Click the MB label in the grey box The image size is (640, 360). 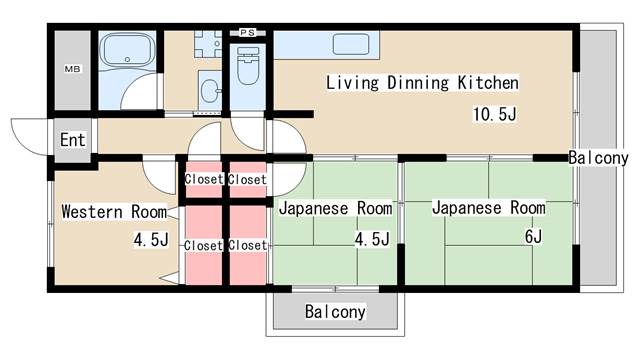point(72,69)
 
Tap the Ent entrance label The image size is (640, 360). point(72,139)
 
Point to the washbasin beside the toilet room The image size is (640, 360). point(212,91)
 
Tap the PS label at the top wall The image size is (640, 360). point(247,33)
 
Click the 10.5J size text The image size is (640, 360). point(494,113)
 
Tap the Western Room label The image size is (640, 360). point(113,212)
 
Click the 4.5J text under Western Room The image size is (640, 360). point(151,240)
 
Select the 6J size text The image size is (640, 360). point(532,236)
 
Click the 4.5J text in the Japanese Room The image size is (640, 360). point(372,239)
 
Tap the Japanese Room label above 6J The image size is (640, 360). point(489,208)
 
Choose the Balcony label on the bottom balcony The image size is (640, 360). point(335,312)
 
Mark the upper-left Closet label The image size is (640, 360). point(203,179)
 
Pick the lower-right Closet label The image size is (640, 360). point(246,245)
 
